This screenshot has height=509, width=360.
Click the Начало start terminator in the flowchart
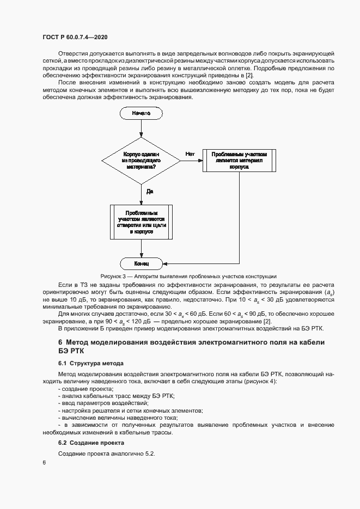(x=141, y=113)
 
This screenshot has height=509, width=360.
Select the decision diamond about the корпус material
(x=141, y=161)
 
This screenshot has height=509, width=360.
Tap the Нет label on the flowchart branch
(x=190, y=154)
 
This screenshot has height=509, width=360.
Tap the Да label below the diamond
(x=149, y=191)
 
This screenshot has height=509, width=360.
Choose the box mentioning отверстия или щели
(x=141, y=222)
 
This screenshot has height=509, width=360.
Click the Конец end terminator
(x=141, y=263)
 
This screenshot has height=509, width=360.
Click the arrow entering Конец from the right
(x=202, y=263)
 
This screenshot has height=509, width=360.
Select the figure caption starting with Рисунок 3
(x=188, y=277)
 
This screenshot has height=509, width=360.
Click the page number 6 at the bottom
(x=44, y=462)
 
